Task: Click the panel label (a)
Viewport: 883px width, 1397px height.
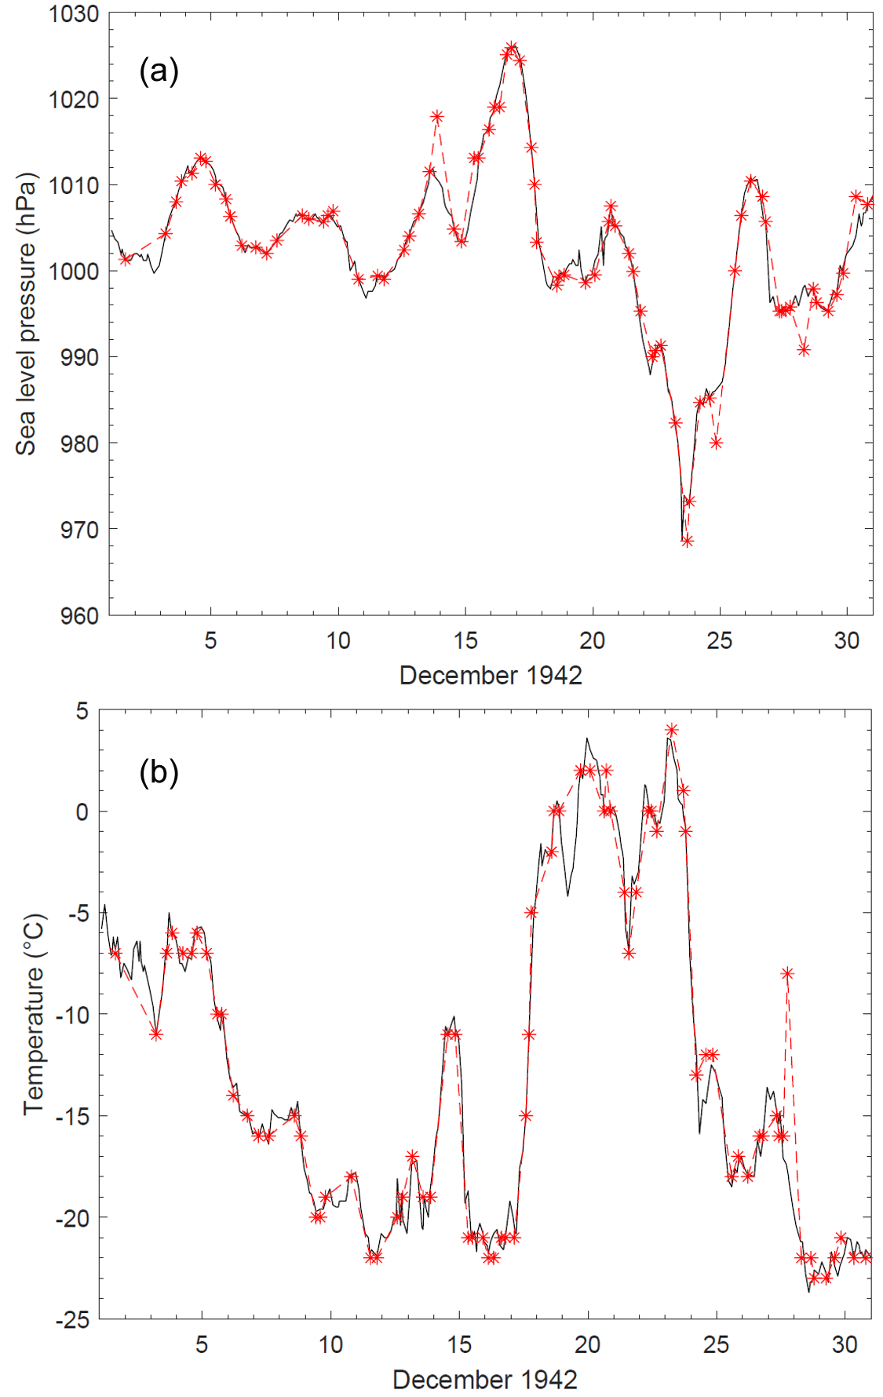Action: click(159, 71)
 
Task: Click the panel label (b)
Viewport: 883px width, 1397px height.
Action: click(159, 772)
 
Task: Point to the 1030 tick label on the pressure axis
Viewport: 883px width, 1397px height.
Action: click(74, 13)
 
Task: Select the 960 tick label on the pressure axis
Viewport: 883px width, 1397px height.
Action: click(79, 615)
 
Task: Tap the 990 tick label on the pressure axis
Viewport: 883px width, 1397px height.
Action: click(79, 357)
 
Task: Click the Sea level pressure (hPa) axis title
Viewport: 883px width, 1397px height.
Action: click(27, 314)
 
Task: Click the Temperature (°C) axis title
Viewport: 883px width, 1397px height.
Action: click(35, 1014)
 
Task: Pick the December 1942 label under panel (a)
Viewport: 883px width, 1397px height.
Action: click(491, 675)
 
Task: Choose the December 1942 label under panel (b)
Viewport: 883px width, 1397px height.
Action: click(484, 1379)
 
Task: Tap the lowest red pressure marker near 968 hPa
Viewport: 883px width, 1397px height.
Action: click(687, 541)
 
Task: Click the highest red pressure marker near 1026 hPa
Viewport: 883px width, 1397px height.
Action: click(512, 47)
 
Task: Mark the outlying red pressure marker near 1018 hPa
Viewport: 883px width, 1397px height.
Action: click(437, 117)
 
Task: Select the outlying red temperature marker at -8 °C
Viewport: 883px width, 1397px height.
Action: click(787, 973)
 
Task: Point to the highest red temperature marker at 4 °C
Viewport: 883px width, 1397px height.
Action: click(671, 730)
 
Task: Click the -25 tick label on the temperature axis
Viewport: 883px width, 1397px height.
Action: click(72, 1319)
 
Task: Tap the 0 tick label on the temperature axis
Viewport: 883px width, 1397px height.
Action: click(82, 812)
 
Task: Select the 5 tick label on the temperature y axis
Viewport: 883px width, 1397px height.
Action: click(82, 711)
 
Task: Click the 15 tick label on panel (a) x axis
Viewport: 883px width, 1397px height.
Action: click(465, 640)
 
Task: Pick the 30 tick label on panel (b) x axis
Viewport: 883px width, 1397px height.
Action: click(845, 1344)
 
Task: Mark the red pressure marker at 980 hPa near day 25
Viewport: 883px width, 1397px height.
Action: click(716, 443)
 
